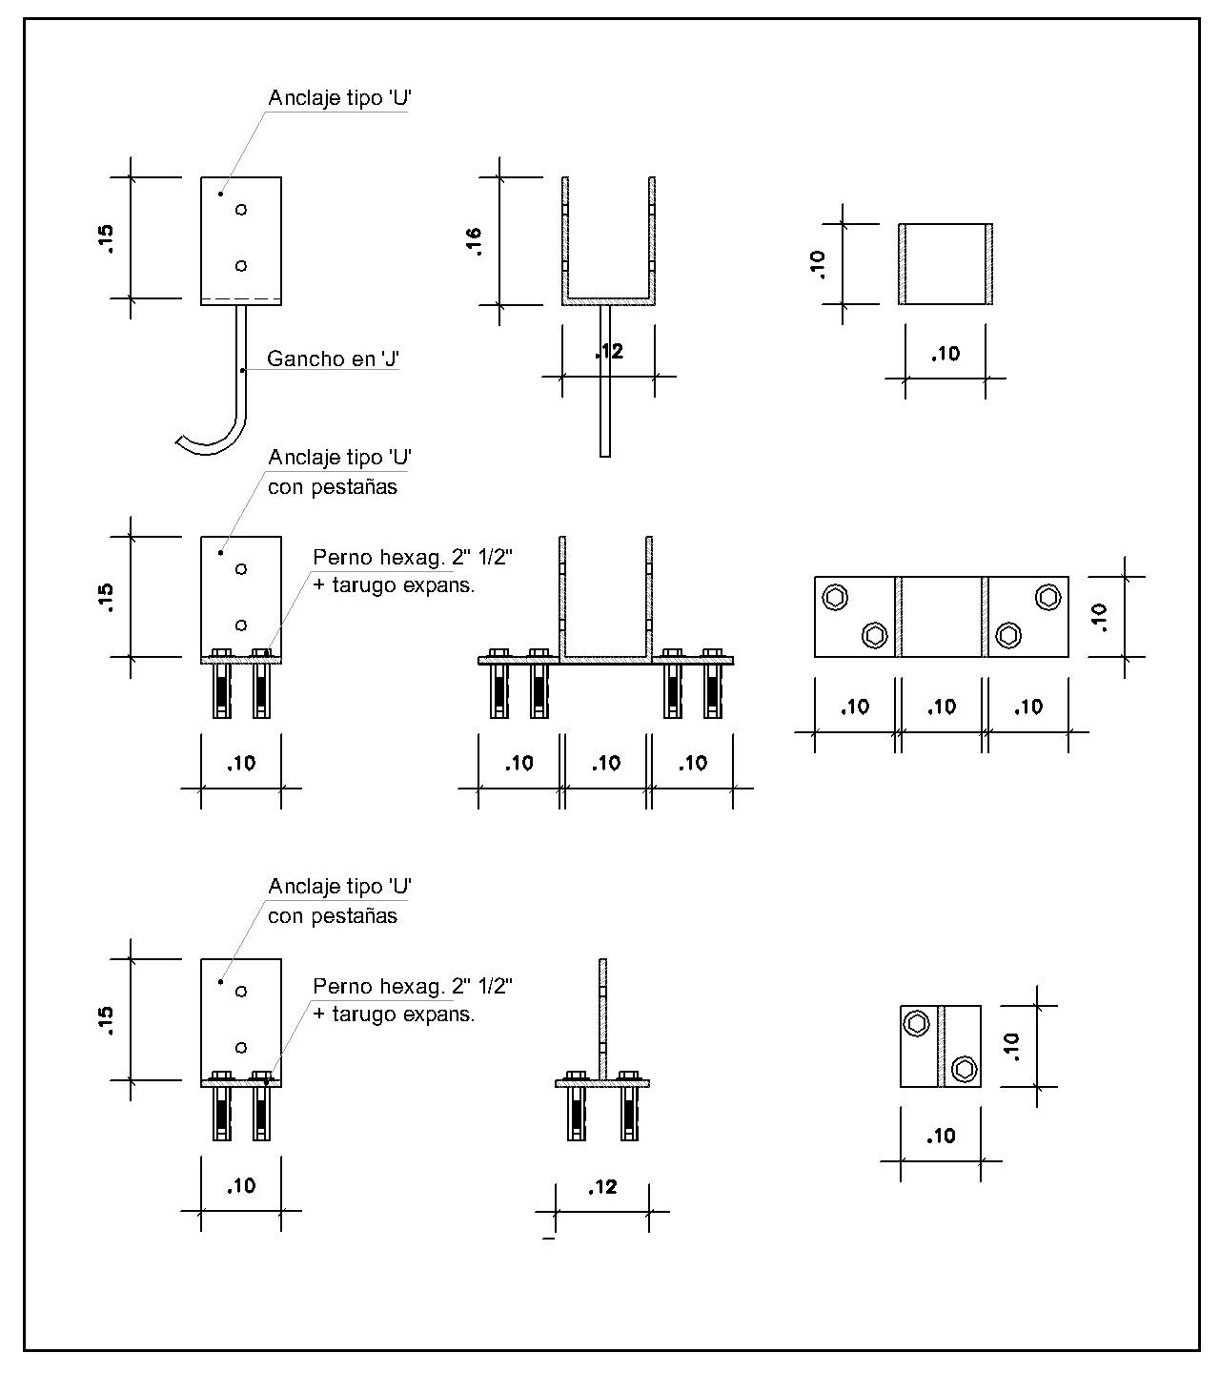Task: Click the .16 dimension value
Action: pyautogui.click(x=475, y=240)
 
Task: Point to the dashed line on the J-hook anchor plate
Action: pyautogui.click(x=241, y=299)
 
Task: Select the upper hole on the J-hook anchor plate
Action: pyautogui.click(x=241, y=209)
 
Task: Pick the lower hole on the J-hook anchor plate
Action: pyautogui.click(x=241, y=266)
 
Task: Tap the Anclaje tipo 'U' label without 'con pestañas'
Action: pyautogui.click(x=338, y=98)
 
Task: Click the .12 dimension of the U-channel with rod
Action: pyautogui.click(x=608, y=353)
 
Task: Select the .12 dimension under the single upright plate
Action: pyautogui.click(x=602, y=1187)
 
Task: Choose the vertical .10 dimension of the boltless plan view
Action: pyautogui.click(x=818, y=263)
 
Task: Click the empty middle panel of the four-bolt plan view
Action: pyautogui.click(x=940, y=617)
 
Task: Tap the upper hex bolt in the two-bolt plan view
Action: pyautogui.click(x=917, y=1023)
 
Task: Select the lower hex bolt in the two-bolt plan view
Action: pyautogui.click(x=964, y=1070)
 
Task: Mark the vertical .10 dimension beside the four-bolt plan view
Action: pyautogui.click(x=1101, y=617)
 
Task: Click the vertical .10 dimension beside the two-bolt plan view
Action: pyautogui.click(x=1011, y=1046)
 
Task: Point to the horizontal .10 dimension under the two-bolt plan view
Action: pyautogui.click(x=941, y=1136)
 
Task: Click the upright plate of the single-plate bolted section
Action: pyautogui.click(x=602, y=1015)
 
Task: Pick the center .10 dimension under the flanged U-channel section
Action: pyautogui.click(x=606, y=763)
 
